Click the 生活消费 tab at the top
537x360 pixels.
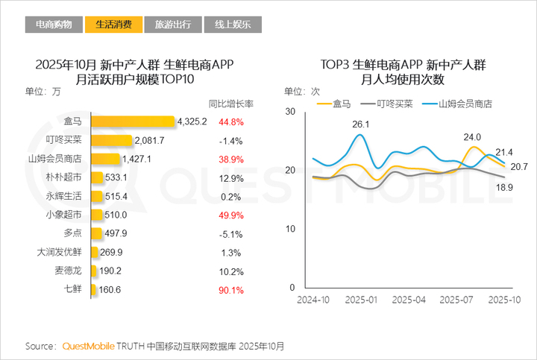(113, 25)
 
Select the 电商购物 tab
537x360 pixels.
(54, 25)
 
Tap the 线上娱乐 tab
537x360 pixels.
(232, 25)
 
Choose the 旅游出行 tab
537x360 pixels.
(172, 25)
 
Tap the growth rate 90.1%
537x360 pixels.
(230, 289)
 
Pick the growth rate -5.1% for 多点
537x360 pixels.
(230, 233)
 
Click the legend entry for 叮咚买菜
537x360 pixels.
(389, 104)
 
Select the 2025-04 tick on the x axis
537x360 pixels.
(409, 300)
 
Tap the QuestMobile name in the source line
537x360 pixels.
(88, 347)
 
